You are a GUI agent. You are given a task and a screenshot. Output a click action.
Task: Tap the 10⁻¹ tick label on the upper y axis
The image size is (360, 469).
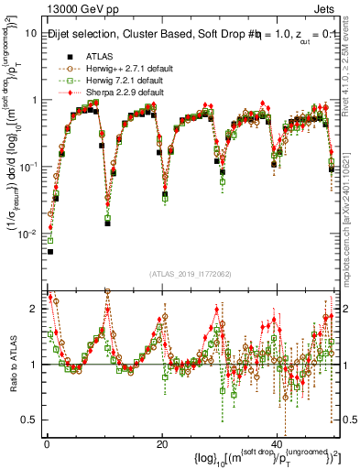coord(31,167)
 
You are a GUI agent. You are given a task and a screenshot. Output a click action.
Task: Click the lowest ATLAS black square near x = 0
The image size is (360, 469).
coord(50,251)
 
